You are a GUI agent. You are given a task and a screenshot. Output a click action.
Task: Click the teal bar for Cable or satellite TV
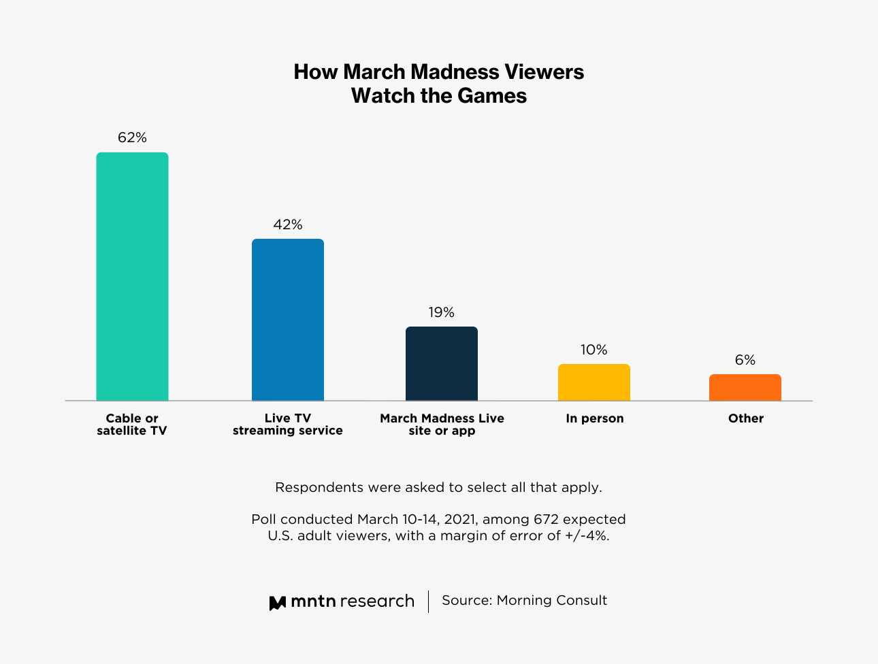pyautogui.click(x=132, y=276)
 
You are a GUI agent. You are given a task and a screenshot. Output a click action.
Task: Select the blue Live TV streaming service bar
pyautogui.click(x=287, y=320)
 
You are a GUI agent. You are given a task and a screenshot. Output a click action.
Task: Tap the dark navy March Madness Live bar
pyautogui.click(x=441, y=363)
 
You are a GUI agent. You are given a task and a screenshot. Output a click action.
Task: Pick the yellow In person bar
pyautogui.click(x=594, y=382)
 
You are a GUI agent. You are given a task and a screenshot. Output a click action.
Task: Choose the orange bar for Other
pyautogui.click(x=745, y=387)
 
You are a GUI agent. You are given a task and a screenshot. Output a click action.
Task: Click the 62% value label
pyautogui.click(x=132, y=137)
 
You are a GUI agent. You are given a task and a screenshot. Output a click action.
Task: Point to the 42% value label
pyautogui.click(x=287, y=225)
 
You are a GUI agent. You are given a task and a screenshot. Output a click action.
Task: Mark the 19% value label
pyautogui.click(x=441, y=312)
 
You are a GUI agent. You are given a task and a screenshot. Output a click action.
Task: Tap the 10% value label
pyautogui.click(x=594, y=350)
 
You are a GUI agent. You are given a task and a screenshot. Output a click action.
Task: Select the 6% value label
pyautogui.click(x=745, y=360)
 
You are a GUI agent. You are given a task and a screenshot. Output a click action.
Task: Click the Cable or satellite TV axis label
pyautogui.click(x=132, y=425)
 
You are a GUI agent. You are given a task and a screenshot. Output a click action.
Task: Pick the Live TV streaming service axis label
pyautogui.click(x=287, y=425)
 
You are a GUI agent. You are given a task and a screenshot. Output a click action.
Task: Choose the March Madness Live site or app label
pyautogui.click(x=442, y=425)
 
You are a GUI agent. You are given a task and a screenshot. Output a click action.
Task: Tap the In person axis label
pyautogui.click(x=594, y=418)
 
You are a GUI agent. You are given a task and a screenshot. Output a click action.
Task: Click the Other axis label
pyautogui.click(x=745, y=418)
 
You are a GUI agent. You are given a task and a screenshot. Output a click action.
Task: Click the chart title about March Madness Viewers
pyautogui.click(x=439, y=84)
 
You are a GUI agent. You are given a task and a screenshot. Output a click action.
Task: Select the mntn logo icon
pyautogui.click(x=277, y=602)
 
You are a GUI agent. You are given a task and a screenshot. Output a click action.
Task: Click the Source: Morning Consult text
pyautogui.click(x=524, y=600)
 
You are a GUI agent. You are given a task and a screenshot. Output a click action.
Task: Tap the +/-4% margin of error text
pyautogui.click(x=587, y=535)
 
